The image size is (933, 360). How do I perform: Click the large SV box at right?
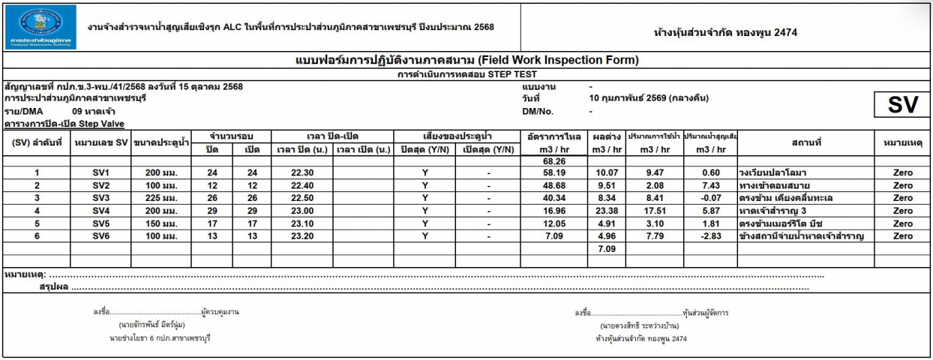[x=902, y=106]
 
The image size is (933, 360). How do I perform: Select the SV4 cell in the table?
[x=101, y=211]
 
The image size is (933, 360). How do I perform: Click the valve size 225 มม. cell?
[x=161, y=198]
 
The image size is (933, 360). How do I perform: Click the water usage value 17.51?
[x=653, y=211]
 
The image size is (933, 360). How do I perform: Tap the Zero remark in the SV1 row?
[x=903, y=172]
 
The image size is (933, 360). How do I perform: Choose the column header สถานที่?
[x=805, y=142]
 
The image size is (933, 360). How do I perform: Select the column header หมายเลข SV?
[x=101, y=142]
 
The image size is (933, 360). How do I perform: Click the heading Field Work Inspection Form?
[x=466, y=61]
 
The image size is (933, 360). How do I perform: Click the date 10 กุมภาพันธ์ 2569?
[x=648, y=97]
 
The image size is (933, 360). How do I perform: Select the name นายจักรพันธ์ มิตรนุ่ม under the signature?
[x=151, y=325]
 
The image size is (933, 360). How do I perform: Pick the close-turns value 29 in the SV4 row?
[x=211, y=211]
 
